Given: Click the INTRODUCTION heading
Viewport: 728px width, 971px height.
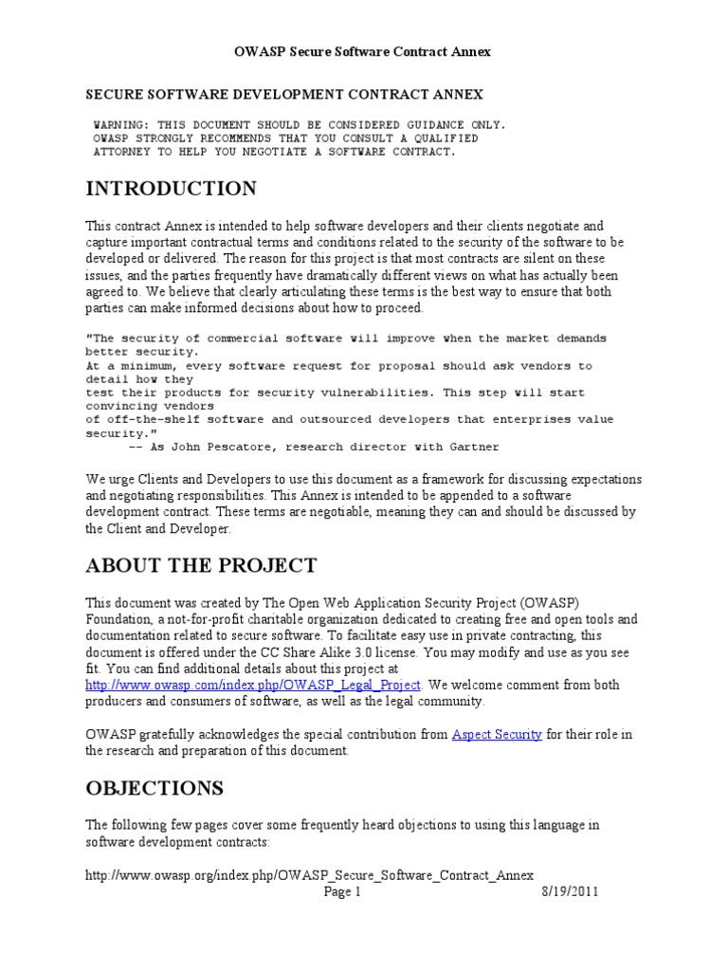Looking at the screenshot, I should coord(171,189).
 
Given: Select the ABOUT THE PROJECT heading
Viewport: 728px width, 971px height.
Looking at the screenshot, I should coord(201,566).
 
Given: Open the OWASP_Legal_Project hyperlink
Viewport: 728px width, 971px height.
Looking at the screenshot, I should coord(255,685).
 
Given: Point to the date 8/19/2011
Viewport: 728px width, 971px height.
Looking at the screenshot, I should coord(571,891).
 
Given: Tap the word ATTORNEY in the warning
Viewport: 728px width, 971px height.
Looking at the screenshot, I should coord(123,151).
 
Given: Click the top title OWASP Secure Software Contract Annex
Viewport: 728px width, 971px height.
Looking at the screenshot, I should coord(363,52).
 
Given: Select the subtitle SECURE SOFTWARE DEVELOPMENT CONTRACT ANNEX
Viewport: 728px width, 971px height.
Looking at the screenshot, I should coord(284,95).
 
